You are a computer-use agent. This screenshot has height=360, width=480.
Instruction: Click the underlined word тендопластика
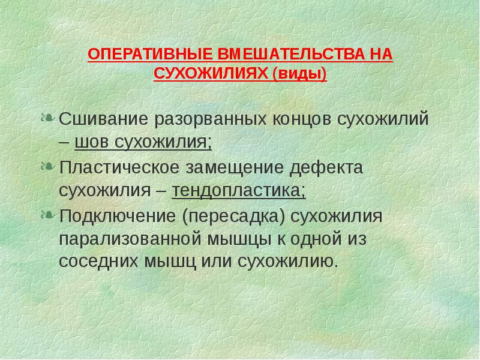[x=238, y=191]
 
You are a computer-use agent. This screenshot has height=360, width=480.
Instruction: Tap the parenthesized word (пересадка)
[x=232, y=215]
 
